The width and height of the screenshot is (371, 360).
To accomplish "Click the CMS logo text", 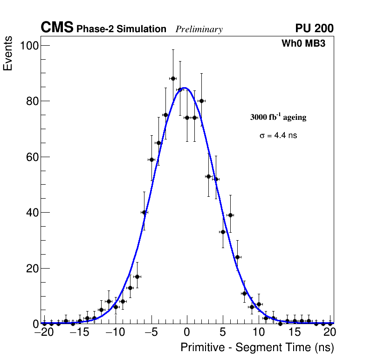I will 57,28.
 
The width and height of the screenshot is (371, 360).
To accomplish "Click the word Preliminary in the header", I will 199,29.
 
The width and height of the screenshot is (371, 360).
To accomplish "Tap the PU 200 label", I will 314,28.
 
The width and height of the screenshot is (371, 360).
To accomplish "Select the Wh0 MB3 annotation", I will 303,43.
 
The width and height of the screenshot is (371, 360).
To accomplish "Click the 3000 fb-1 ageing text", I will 278,117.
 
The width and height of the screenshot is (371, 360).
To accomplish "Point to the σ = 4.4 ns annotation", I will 278,136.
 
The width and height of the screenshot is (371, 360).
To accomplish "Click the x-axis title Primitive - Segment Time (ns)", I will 257,347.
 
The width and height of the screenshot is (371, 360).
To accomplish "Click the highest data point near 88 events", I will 173,78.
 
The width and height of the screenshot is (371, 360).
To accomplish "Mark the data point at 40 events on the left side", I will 144,212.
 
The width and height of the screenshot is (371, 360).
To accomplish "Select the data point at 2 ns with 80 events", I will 201,101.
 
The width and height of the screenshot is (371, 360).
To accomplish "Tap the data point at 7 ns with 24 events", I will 237,257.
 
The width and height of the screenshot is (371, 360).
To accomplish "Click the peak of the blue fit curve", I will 185,88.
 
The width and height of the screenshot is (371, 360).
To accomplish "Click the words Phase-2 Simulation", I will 121,29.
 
